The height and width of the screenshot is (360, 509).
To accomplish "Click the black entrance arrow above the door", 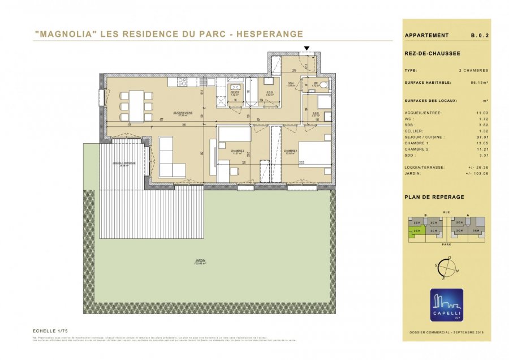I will click(x=307, y=49).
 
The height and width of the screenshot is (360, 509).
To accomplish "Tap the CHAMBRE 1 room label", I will click(x=291, y=151).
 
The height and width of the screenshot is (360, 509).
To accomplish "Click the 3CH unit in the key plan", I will click(x=476, y=231).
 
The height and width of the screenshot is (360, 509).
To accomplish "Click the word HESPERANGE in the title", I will click(x=269, y=34).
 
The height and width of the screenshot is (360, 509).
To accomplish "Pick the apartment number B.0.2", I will click(x=480, y=35).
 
